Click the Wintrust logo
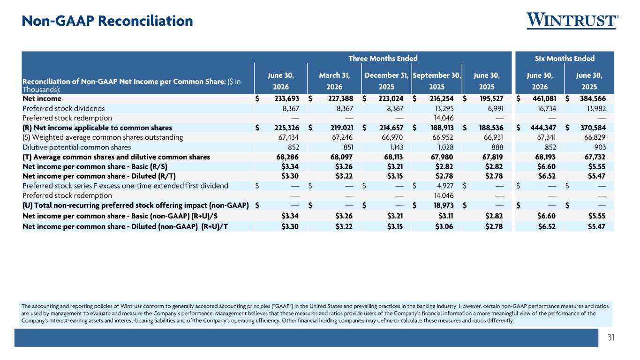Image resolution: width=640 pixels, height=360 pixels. (573, 21)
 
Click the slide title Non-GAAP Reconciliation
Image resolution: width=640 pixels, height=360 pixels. (107, 21)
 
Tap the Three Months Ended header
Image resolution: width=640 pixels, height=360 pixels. (383, 59)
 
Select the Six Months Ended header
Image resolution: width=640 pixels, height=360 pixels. (565, 59)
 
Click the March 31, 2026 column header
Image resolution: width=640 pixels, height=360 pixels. (334, 81)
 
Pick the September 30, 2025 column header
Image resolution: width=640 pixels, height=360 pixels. (437, 81)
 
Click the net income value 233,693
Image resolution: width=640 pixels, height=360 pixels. (286, 98)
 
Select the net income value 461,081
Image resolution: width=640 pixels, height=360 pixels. (544, 98)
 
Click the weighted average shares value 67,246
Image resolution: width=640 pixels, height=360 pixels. (342, 137)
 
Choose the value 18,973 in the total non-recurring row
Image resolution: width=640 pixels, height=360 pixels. (444, 205)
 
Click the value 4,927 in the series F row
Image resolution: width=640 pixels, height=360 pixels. (445, 186)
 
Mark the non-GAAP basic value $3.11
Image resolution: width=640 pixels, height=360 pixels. (446, 216)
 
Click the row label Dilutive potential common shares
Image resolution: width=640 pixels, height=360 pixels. (76, 148)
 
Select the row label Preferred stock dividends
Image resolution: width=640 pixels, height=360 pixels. (63, 109)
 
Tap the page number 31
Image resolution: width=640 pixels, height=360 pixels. (611, 337)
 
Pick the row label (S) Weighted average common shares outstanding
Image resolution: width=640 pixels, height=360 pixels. (103, 137)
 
